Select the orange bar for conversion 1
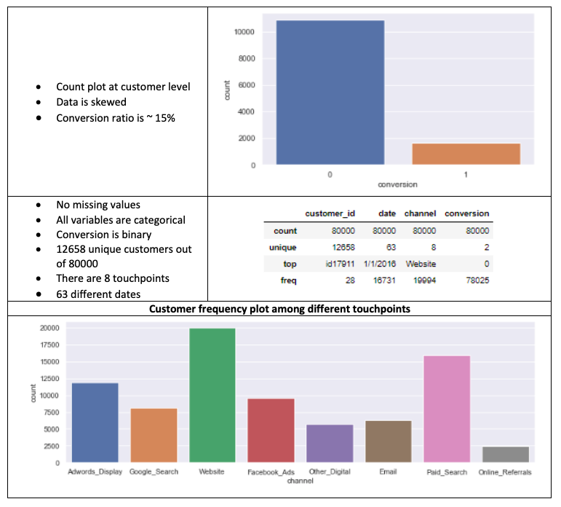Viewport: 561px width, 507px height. (x=466, y=154)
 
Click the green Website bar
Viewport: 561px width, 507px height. (x=212, y=396)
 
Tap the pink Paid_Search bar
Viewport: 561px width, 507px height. (x=447, y=409)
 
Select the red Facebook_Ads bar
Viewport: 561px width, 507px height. (x=271, y=430)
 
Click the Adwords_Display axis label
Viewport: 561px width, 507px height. (x=95, y=472)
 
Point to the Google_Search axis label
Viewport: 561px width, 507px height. (x=154, y=472)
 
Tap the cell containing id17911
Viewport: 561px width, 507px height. (x=338, y=263)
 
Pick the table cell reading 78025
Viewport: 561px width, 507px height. (x=473, y=280)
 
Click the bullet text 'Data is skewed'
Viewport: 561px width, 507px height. (x=91, y=102)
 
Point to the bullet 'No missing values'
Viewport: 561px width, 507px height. (x=98, y=205)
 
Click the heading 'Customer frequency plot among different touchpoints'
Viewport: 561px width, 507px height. (x=279, y=309)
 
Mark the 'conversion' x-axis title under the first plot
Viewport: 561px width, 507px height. (x=397, y=184)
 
